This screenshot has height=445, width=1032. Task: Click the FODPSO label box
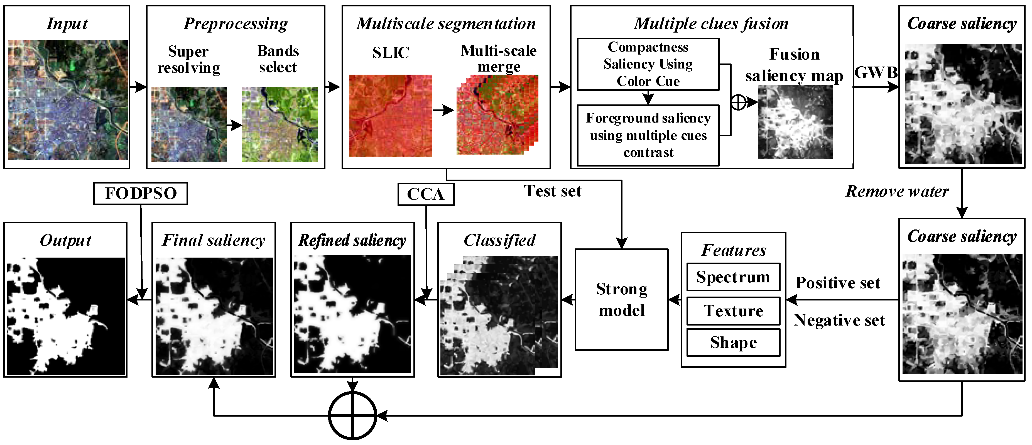140,194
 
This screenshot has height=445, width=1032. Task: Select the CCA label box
426,194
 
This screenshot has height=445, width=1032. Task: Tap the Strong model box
621,299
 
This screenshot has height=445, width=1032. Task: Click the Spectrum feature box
733,277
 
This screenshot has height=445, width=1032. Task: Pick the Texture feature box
733,311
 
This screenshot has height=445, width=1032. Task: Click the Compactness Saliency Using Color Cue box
648,64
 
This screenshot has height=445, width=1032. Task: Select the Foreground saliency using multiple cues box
648,135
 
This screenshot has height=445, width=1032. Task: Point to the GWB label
876,73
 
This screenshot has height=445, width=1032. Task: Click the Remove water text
897,191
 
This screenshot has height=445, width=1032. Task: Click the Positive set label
838,283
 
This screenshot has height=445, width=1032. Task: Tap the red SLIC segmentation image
390,116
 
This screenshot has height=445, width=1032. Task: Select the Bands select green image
280,125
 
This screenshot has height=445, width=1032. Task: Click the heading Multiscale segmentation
446,24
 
